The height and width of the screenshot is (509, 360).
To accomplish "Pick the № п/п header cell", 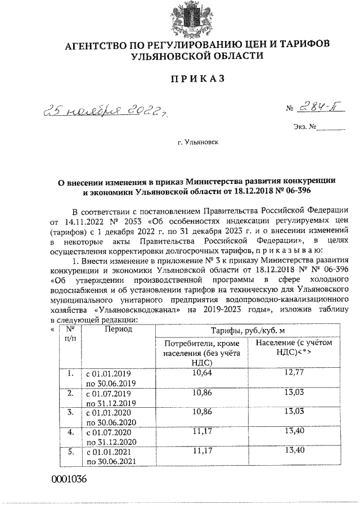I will pos(70,334).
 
